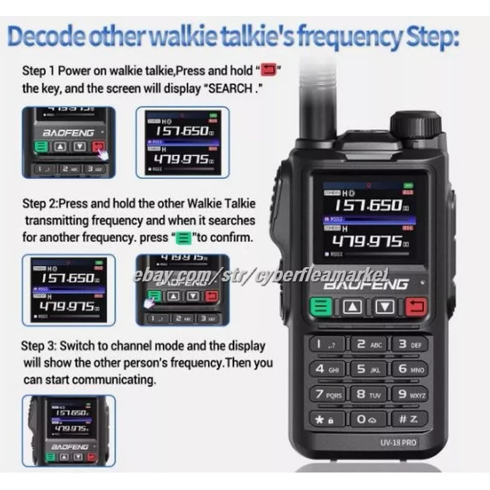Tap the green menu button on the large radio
point(321,306)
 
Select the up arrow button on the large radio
point(353,306)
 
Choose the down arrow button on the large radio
point(384,306)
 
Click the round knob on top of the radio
point(416,124)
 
